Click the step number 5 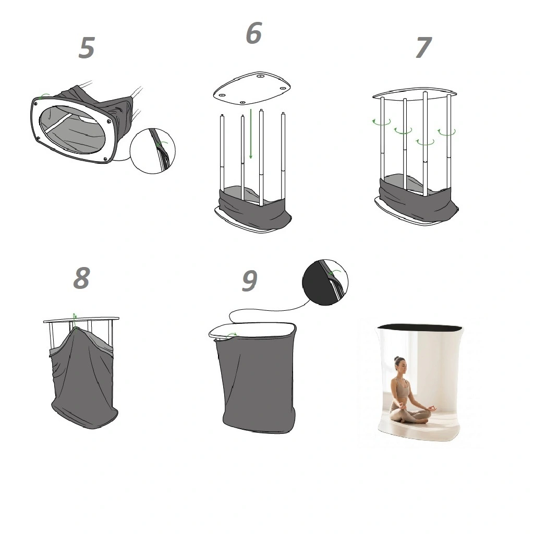tap(87, 47)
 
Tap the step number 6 tap(254, 33)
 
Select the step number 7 tap(423, 47)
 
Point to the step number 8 tap(82, 278)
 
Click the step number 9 tap(250, 281)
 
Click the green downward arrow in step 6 tap(251, 134)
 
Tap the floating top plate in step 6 tap(252, 88)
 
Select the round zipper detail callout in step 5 tap(153, 151)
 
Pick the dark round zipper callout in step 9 tap(325, 282)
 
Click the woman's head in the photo tap(400, 363)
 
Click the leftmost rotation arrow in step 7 tap(381, 122)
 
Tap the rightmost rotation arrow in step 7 tap(446, 132)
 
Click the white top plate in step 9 tap(251, 330)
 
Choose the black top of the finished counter tap(420, 327)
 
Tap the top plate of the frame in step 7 tap(415, 92)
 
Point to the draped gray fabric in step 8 tap(83, 378)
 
